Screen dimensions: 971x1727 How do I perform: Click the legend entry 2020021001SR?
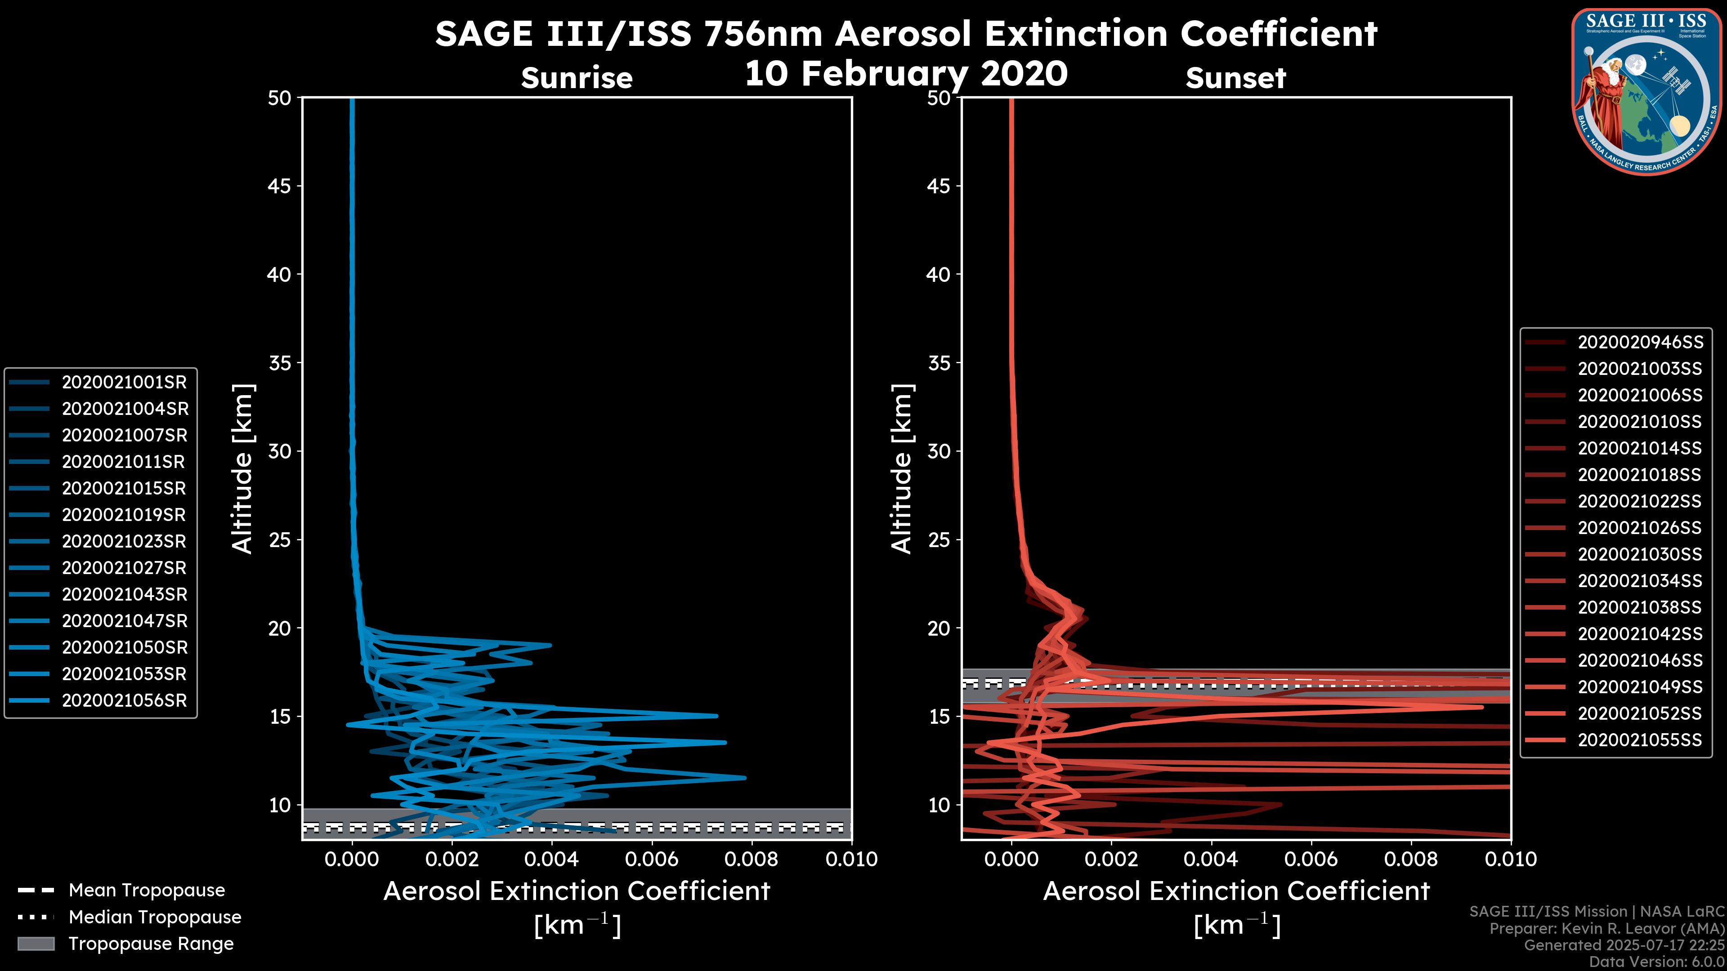(124, 383)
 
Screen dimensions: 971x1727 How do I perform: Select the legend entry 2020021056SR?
(124, 701)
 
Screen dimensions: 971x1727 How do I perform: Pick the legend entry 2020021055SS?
(1640, 740)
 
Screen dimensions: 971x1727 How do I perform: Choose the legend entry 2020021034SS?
(1640, 581)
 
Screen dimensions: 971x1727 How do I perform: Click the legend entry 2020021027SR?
(124, 568)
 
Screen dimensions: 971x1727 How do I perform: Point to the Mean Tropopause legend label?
(147, 891)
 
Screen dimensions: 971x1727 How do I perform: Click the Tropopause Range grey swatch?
(36, 944)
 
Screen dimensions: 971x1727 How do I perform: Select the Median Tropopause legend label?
(155, 917)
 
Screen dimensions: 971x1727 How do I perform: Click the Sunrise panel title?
(577, 78)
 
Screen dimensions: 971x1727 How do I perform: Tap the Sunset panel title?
(1235, 78)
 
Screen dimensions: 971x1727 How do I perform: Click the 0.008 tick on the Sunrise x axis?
(752, 859)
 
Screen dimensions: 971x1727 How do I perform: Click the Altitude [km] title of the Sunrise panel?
(243, 469)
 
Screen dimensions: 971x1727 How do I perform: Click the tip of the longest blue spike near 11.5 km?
(745, 777)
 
